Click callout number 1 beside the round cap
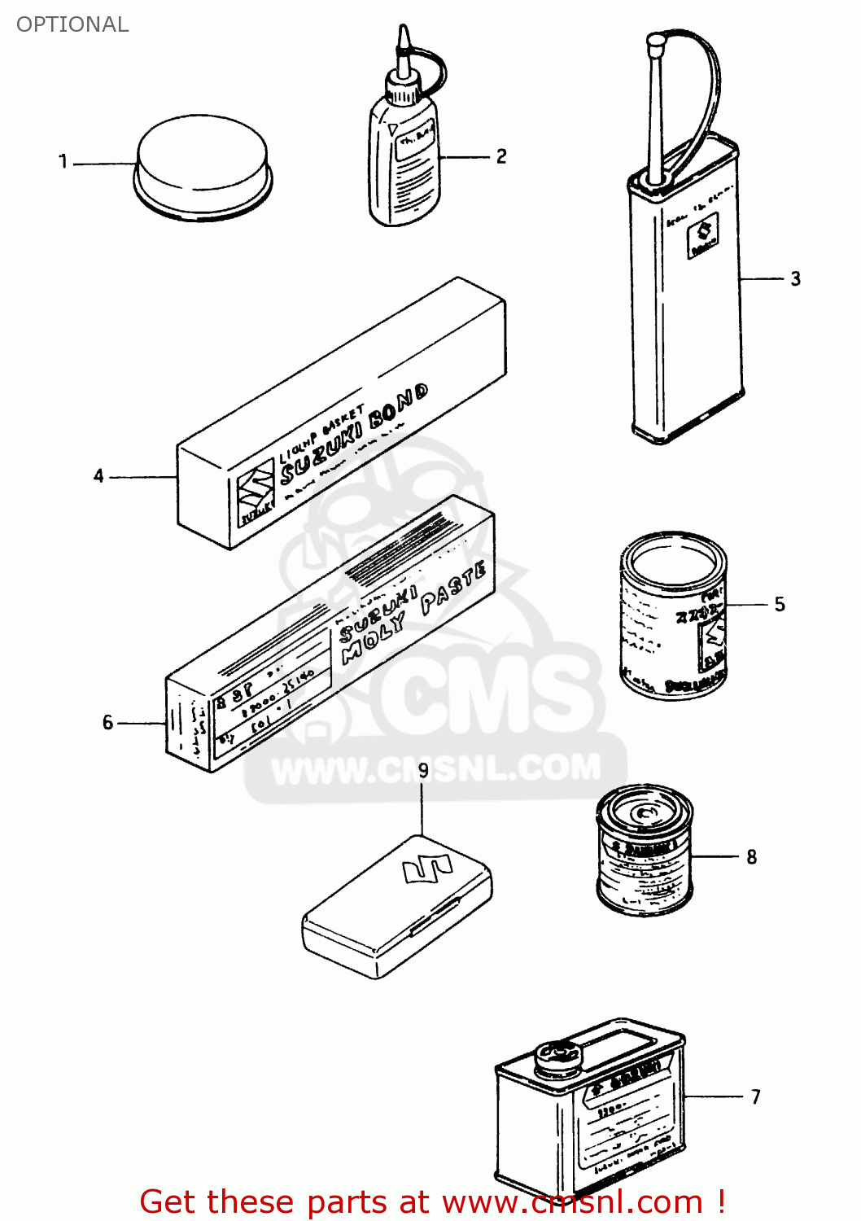point(63,161)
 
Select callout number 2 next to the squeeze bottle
point(501,155)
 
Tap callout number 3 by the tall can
point(795,279)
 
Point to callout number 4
point(98,475)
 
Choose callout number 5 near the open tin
point(780,604)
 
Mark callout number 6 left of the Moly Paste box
point(107,722)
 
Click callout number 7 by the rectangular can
point(755,1096)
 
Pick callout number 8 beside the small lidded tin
point(751,856)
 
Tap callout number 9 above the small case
point(423,769)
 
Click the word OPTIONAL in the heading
point(72,24)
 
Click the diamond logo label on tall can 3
point(702,237)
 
